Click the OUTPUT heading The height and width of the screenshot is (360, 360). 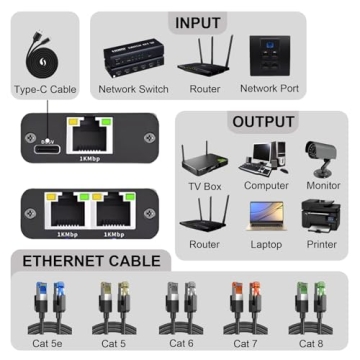coord(263,122)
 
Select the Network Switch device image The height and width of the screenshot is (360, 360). coord(133,58)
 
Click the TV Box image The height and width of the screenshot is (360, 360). coord(204,160)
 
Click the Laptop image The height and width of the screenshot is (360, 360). coord(264,214)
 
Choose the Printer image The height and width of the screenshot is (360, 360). coord(323,214)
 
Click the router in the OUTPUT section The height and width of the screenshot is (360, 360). coord(204,214)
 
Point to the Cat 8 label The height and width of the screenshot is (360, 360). coord(312,343)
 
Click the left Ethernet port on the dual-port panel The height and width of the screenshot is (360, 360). coord(67,207)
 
